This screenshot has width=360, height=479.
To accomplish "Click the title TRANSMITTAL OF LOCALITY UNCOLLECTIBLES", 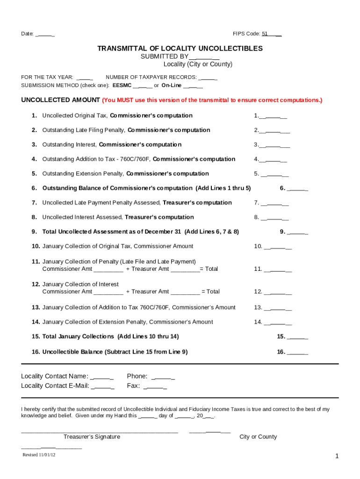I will (x=180, y=49).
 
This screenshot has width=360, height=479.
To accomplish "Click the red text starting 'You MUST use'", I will (x=212, y=101).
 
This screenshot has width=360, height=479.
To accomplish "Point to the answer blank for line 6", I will (x=298, y=189).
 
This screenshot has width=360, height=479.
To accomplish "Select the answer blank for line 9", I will (x=298, y=232).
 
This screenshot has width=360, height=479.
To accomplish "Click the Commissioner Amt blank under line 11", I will (x=108, y=269).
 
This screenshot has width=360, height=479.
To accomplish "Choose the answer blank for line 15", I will (x=298, y=337).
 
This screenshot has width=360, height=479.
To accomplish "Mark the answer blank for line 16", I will (x=298, y=352).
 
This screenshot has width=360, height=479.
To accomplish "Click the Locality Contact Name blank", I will (x=102, y=377).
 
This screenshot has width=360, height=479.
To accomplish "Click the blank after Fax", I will (x=155, y=386).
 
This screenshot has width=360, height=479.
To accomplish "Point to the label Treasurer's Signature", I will (x=92, y=437).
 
